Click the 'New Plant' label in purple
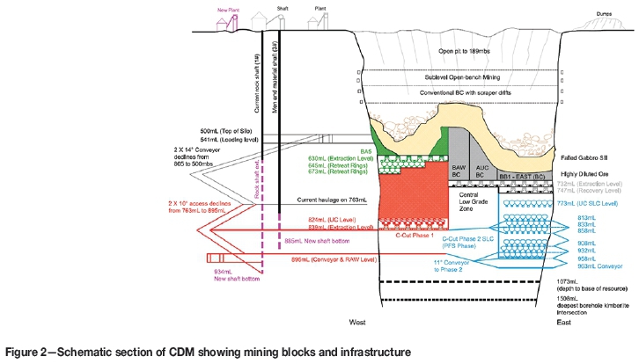[x=217, y=10]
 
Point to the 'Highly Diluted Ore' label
[x=585, y=172]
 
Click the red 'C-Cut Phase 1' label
[x=414, y=237]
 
